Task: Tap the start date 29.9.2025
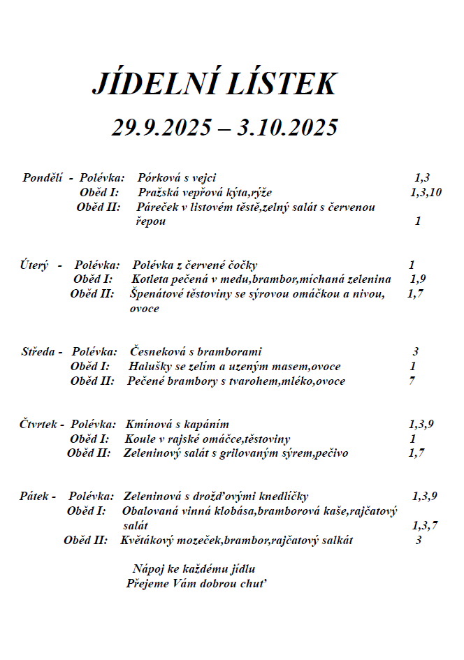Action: click(x=161, y=128)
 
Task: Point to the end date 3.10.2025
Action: click(x=288, y=128)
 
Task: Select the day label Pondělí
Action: click(x=43, y=177)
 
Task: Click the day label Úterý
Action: click(x=34, y=265)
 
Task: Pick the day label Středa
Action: click(x=38, y=351)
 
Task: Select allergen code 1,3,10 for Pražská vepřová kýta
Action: click(x=426, y=192)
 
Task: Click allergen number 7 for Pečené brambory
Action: click(x=412, y=381)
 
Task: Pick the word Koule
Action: click(x=140, y=439)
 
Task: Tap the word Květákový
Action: click(x=148, y=540)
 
